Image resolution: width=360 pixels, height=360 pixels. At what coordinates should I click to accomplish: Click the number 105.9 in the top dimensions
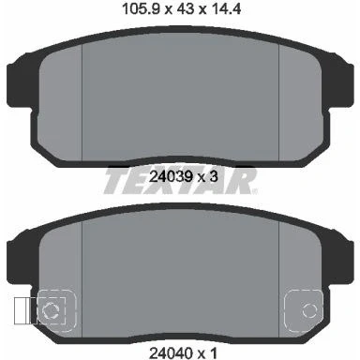(141, 8)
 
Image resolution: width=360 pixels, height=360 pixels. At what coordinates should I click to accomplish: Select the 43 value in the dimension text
(185, 8)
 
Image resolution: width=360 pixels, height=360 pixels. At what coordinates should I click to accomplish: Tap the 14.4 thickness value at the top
(225, 8)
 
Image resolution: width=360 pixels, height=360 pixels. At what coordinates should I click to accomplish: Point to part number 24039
(171, 177)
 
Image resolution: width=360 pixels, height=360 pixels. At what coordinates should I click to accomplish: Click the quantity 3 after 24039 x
(214, 177)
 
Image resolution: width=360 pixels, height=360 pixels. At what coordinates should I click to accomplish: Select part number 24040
(171, 353)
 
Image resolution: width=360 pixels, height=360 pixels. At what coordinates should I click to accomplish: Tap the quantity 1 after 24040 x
(214, 353)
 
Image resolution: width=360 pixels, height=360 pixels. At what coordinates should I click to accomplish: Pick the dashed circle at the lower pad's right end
(309, 310)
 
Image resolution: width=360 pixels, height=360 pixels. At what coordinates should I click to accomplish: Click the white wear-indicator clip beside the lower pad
(22, 310)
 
